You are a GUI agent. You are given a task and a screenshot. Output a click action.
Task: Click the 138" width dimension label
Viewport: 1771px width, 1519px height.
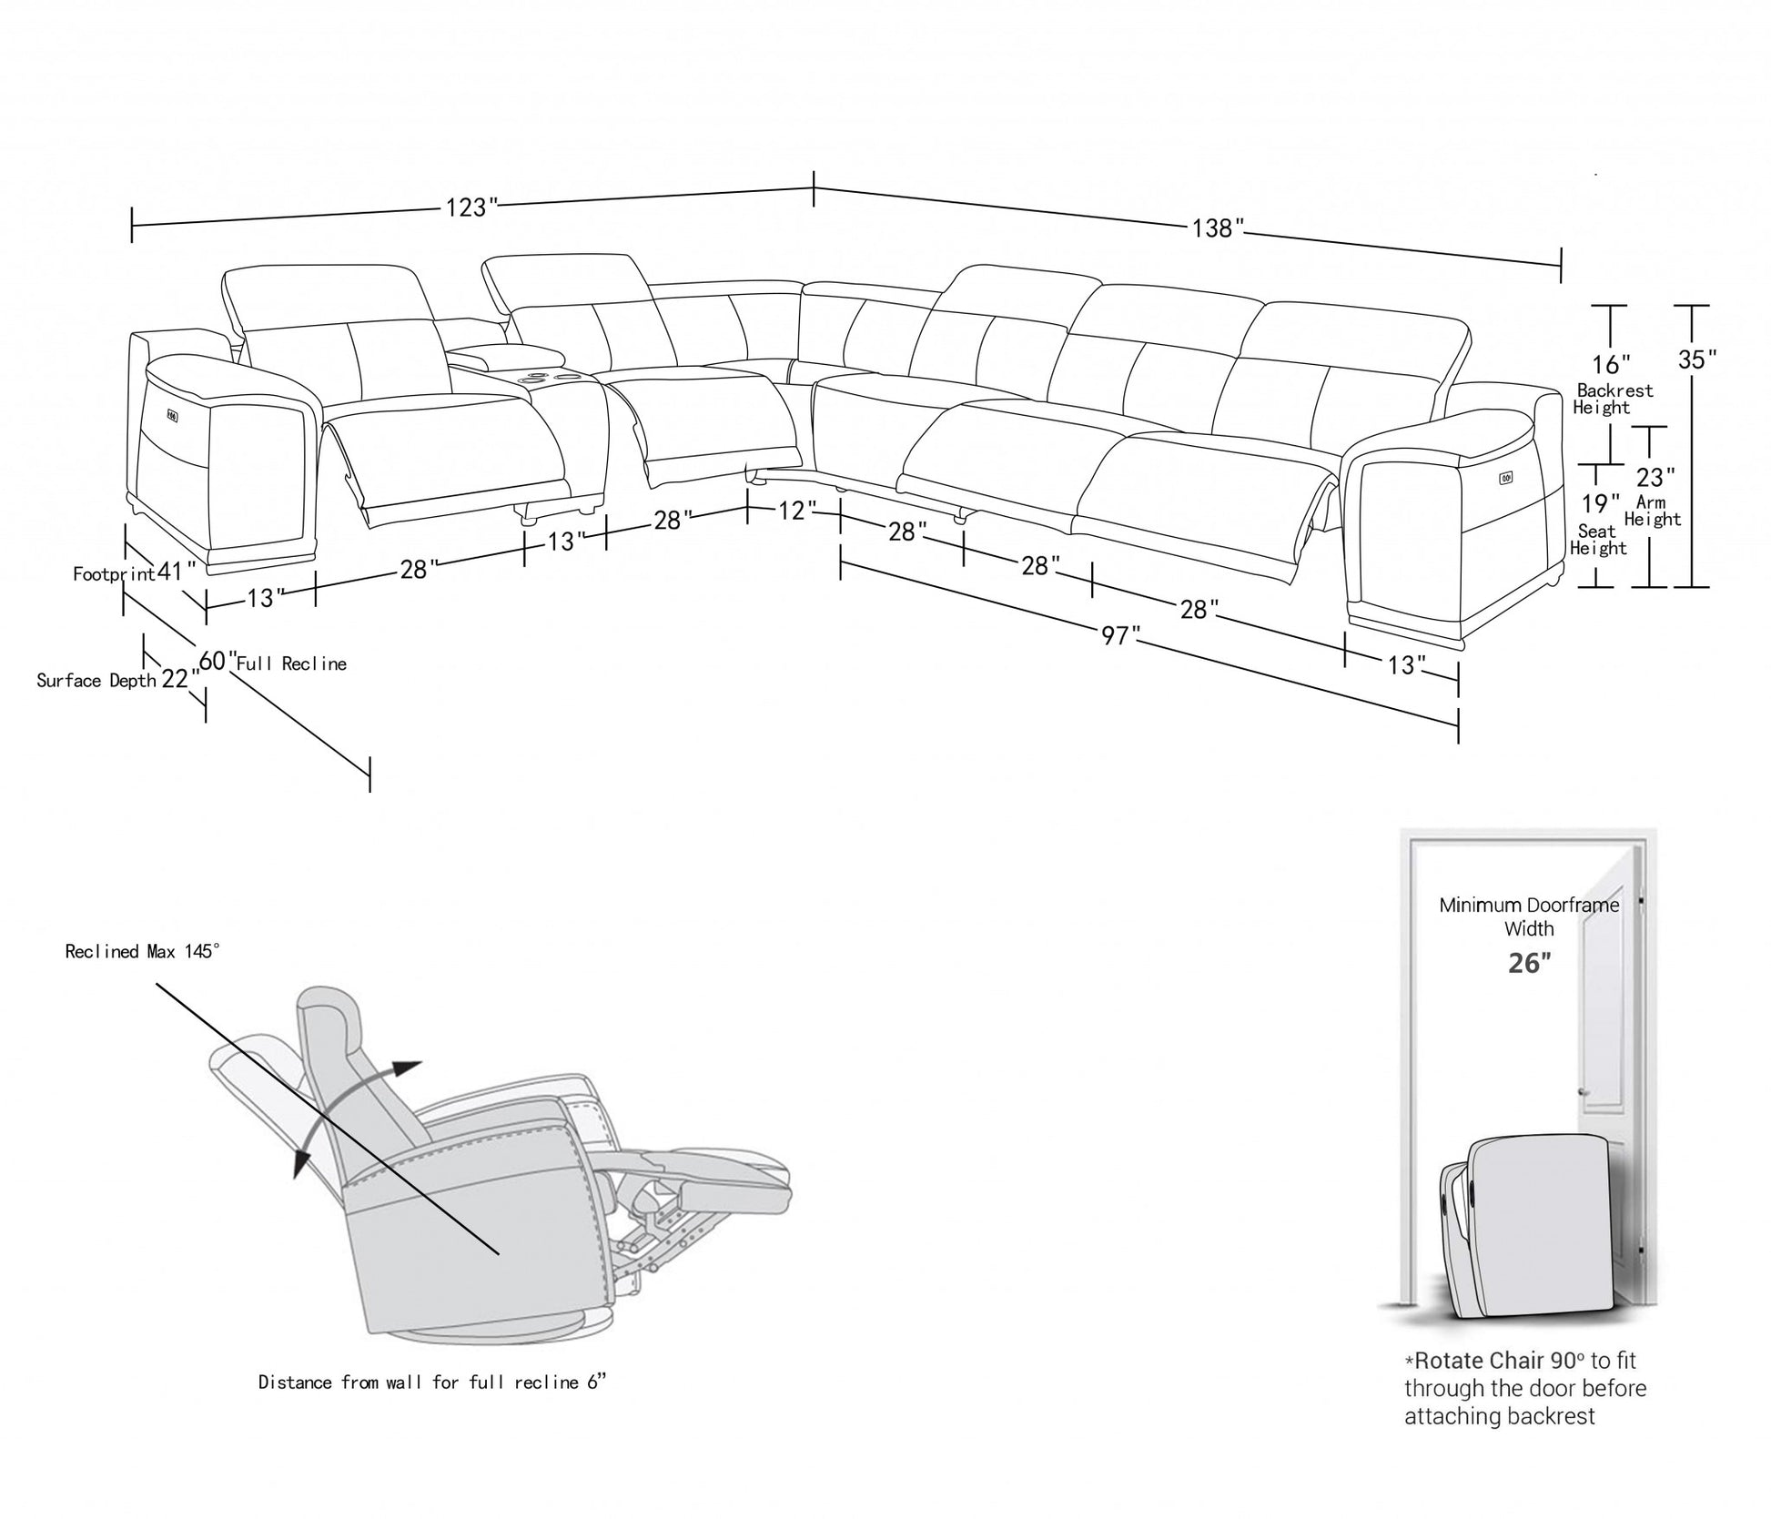coord(1218,228)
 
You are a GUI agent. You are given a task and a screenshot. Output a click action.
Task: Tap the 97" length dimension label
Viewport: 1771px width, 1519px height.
coord(1115,635)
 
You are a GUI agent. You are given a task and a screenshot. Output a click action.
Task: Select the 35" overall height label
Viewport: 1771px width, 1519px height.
coord(1696,359)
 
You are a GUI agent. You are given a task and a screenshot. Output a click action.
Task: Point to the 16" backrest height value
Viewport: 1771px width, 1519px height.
coord(1611,364)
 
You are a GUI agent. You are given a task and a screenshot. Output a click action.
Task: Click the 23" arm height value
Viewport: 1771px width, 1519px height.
coord(1655,477)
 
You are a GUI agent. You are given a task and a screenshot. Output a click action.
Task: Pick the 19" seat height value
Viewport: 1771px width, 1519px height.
coord(1600,503)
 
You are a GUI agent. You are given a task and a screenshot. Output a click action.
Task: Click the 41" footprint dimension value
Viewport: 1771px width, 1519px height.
coord(176,572)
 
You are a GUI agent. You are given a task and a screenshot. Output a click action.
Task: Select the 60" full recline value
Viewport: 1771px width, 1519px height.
coord(217,661)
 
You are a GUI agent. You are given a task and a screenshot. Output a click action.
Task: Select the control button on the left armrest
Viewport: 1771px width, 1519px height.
coord(171,417)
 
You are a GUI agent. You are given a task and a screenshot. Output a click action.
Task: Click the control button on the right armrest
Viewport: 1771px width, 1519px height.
coord(1505,476)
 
